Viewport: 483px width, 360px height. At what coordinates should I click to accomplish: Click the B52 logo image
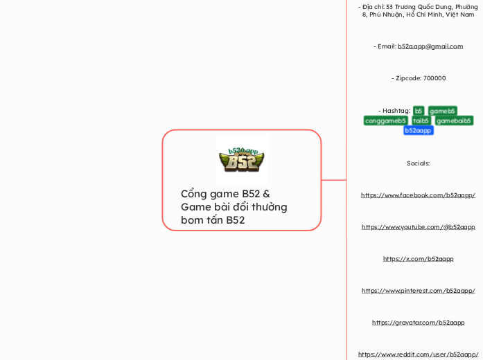click(x=242, y=159)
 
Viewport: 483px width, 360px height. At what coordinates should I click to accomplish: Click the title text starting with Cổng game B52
click(x=234, y=206)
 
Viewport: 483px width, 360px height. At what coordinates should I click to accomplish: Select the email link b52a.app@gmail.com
click(x=430, y=46)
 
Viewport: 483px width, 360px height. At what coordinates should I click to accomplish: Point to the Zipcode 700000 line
click(x=418, y=78)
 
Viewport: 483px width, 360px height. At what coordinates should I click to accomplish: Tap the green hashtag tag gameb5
click(x=442, y=111)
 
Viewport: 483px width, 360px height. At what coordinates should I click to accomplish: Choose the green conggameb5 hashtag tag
click(x=385, y=120)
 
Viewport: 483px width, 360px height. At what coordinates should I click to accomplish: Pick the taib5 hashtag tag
click(x=421, y=120)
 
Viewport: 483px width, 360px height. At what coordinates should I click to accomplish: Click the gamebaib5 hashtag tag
click(x=454, y=120)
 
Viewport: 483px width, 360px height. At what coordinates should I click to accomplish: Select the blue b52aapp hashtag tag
click(x=418, y=130)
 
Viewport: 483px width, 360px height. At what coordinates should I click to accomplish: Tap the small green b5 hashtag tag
click(x=419, y=111)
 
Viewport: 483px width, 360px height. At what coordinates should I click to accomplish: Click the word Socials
click(x=418, y=163)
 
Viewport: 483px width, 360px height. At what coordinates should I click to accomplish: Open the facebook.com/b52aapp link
click(x=418, y=195)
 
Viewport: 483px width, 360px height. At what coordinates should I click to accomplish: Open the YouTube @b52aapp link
click(x=418, y=227)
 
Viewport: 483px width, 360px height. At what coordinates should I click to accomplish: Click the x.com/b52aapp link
click(x=418, y=259)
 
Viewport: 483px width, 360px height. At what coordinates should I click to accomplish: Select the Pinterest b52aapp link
click(x=418, y=291)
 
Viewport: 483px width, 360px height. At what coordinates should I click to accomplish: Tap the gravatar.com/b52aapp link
click(x=418, y=323)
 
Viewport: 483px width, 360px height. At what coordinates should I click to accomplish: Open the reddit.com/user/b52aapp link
click(x=418, y=354)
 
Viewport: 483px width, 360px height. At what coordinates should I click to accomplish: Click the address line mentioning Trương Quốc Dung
click(x=418, y=10)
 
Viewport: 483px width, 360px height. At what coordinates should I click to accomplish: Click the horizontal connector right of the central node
click(x=333, y=180)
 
